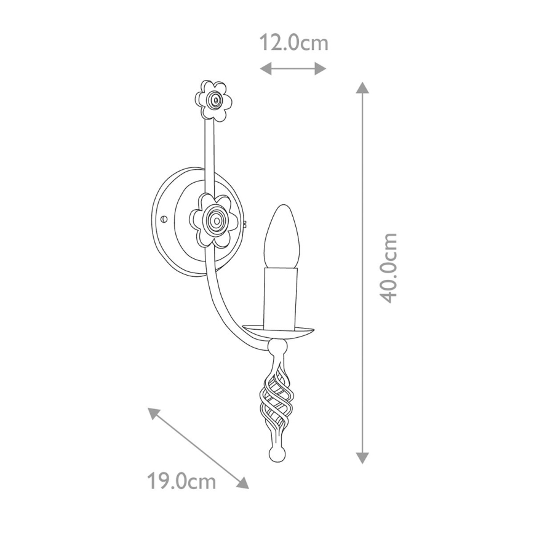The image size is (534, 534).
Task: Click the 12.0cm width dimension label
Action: [293, 43]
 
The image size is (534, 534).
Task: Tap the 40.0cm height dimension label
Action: [389, 268]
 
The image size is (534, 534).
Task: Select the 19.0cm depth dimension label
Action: [181, 480]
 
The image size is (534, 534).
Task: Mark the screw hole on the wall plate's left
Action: [164, 218]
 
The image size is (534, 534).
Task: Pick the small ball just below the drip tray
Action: [277, 348]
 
